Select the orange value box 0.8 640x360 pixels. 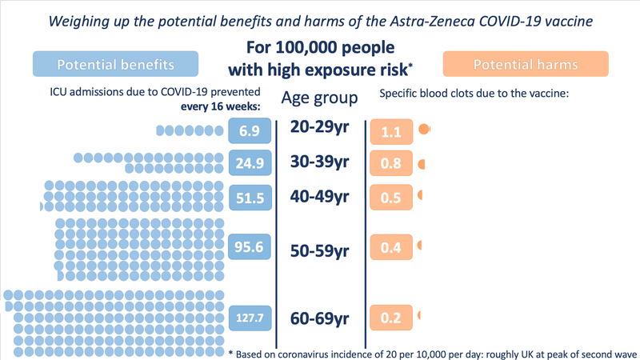point(391,164)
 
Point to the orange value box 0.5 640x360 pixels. point(391,198)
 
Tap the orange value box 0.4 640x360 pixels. point(391,248)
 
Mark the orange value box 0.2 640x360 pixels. point(391,318)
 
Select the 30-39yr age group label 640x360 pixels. point(321,162)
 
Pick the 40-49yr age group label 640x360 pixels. point(321,197)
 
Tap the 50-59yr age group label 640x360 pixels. point(321,251)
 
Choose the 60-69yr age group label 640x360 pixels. point(321,318)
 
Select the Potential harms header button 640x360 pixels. point(526,64)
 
